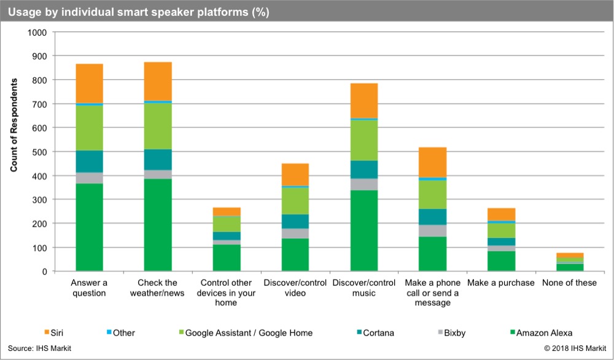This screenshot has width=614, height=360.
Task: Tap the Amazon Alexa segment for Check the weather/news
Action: click(x=158, y=224)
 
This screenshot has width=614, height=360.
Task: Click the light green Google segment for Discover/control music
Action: click(x=364, y=139)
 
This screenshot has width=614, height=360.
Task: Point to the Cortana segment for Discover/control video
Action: click(x=295, y=221)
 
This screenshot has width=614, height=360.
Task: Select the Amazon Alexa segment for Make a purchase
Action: click(x=502, y=260)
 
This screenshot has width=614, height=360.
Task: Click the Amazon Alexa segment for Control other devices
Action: click(x=227, y=257)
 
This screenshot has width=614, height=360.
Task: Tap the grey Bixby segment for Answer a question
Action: click(x=89, y=178)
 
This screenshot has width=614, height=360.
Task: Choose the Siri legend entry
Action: click(x=62, y=333)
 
